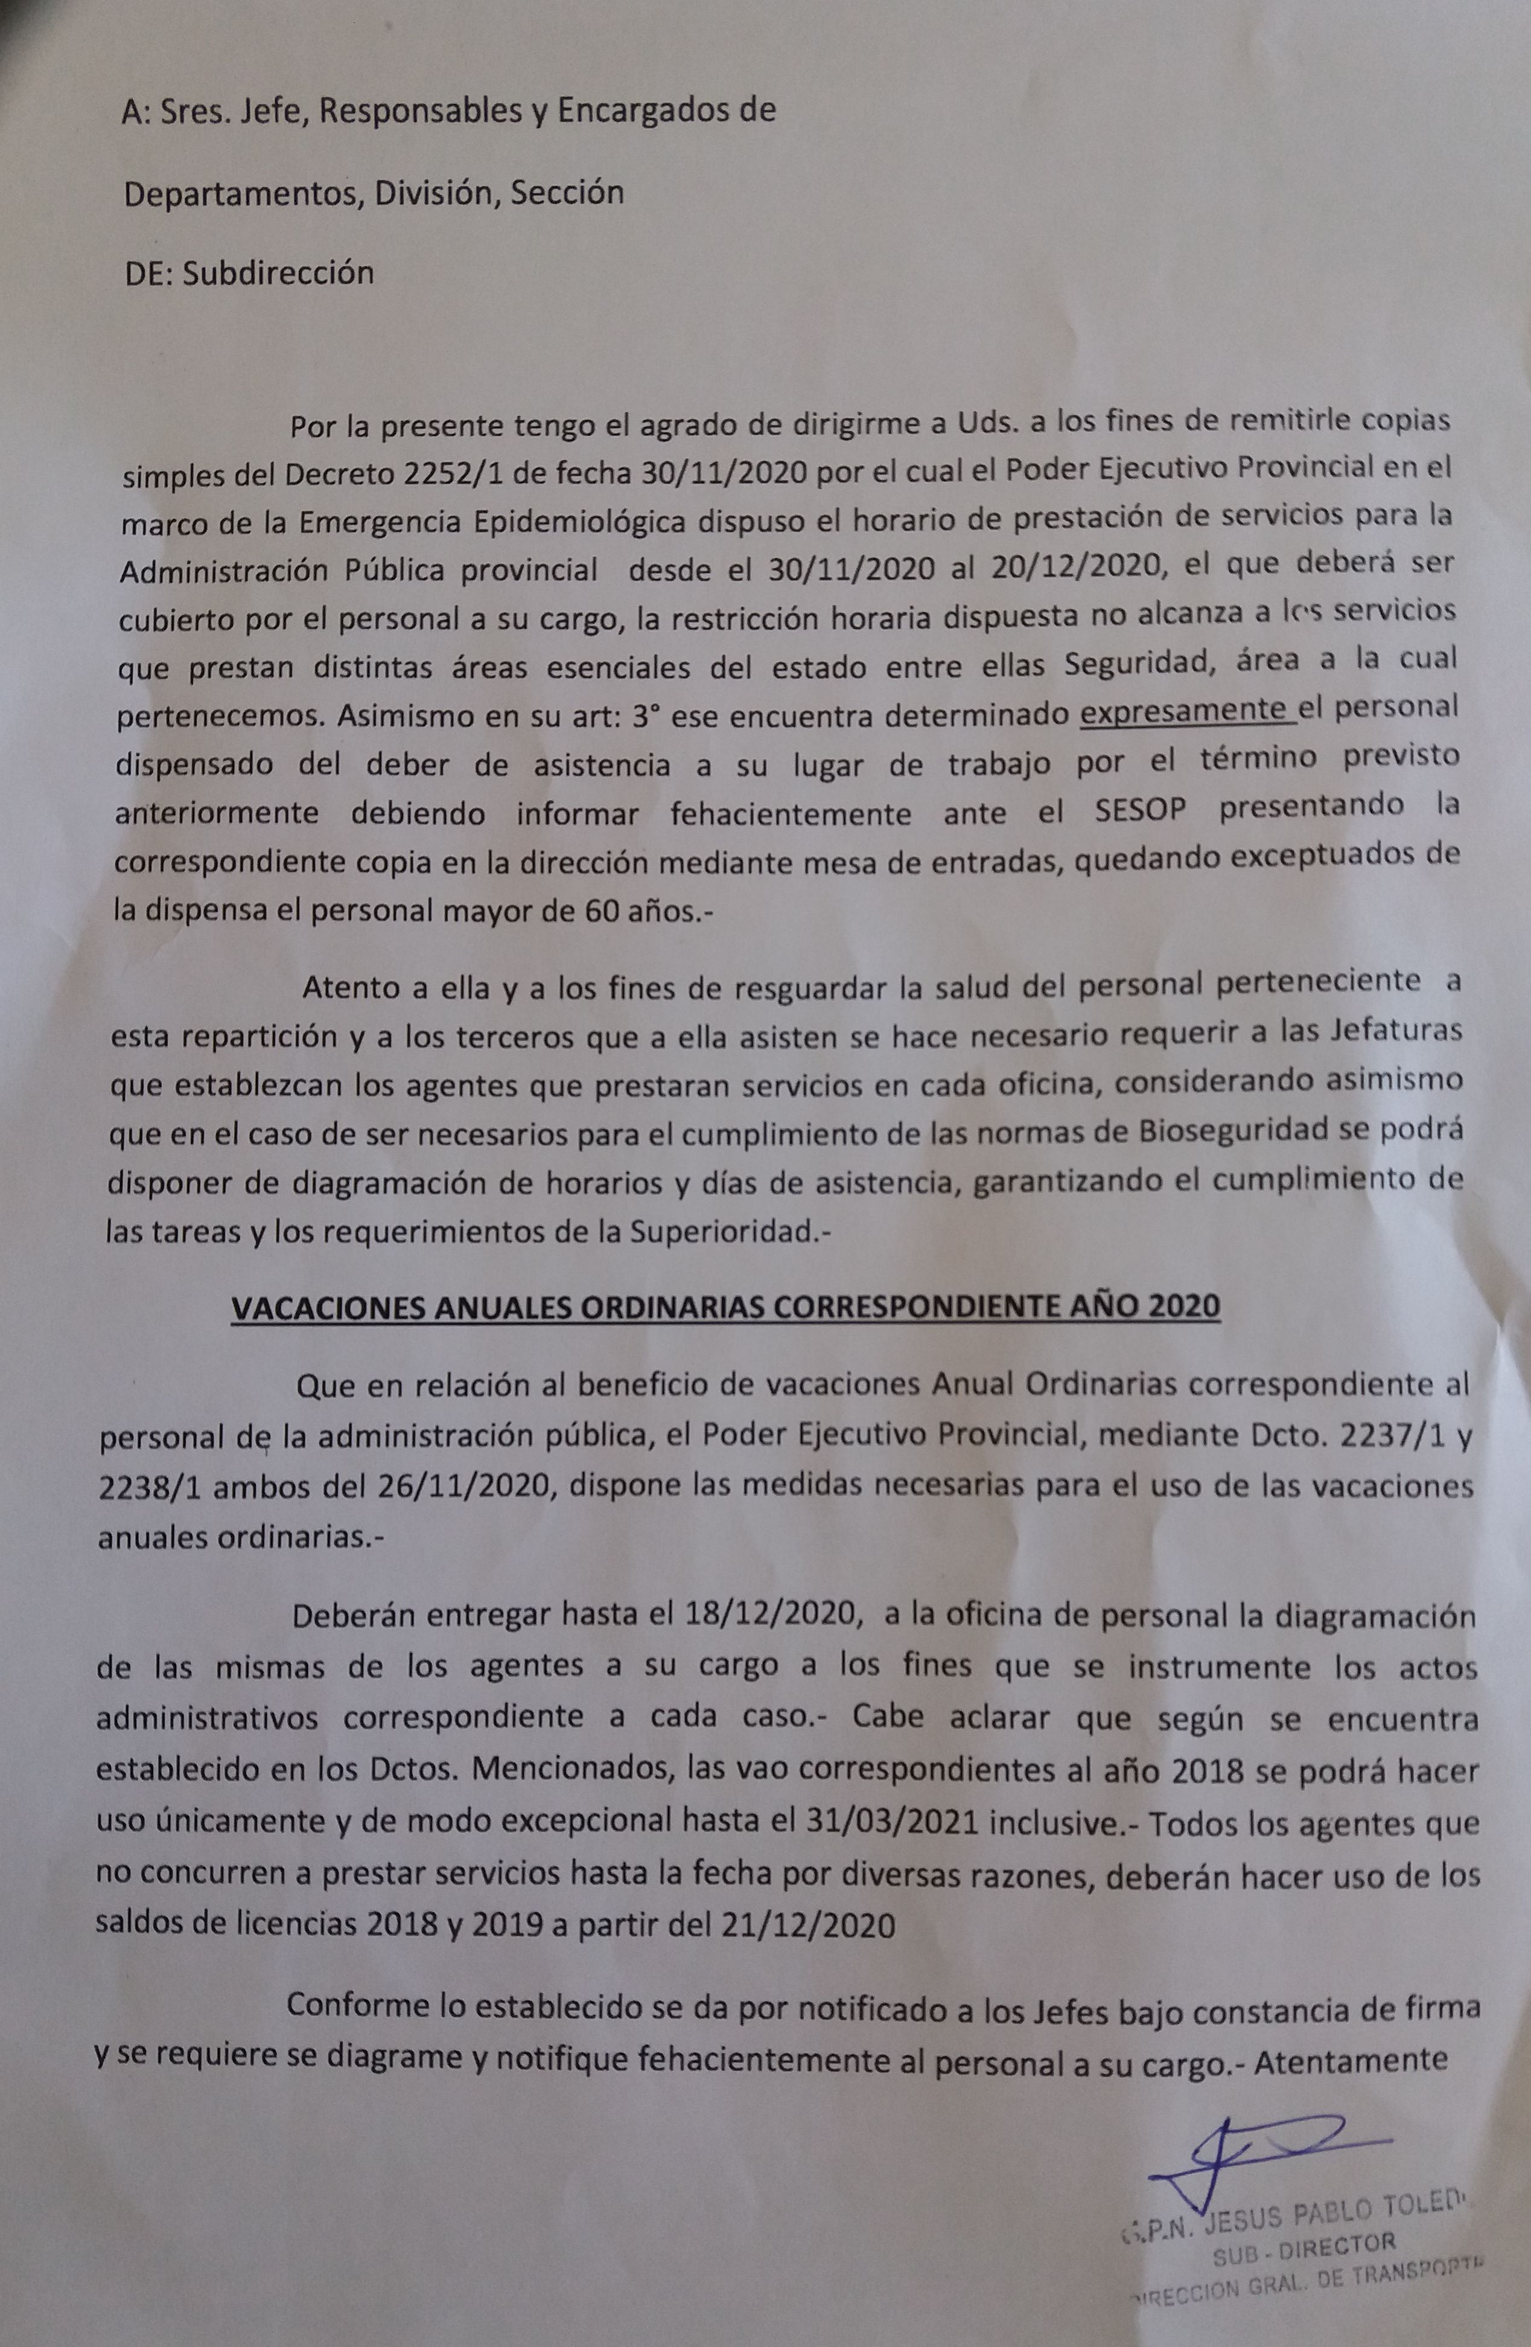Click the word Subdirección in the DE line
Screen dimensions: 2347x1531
[278, 272]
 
